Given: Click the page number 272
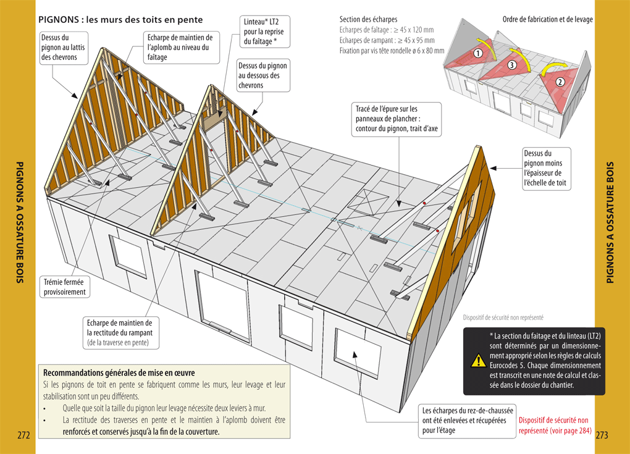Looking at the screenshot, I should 24,435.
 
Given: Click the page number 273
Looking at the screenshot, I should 602,435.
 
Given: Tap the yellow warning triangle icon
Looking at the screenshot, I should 477,360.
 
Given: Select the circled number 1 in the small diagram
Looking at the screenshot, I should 478,54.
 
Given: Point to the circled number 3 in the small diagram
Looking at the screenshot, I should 512,65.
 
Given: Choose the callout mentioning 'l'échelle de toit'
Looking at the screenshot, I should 546,167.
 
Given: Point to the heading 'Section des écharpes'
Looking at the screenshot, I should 369,19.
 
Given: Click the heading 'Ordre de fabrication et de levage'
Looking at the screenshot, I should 547,19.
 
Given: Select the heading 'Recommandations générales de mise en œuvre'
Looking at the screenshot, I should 119,372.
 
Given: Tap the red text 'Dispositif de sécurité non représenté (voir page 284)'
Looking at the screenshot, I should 555,425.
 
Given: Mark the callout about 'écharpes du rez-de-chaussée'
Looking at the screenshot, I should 464,420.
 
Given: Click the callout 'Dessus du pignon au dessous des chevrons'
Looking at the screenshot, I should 262,75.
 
